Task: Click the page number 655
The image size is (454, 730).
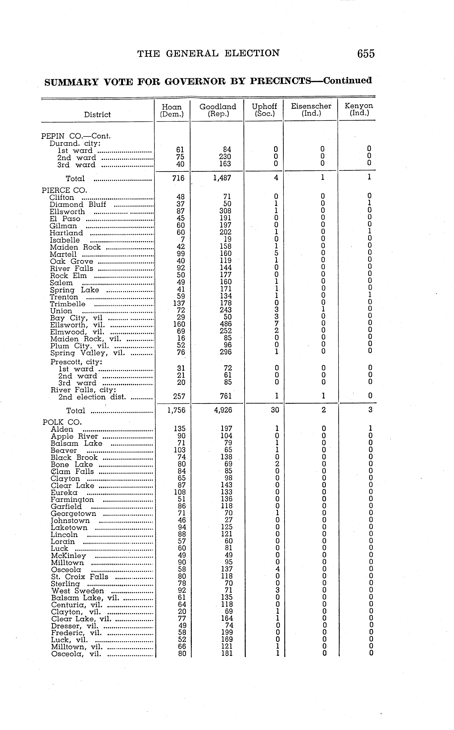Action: click(x=366, y=54)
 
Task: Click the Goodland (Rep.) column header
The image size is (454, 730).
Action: click(x=218, y=110)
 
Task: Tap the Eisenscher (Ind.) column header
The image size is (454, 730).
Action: click(x=311, y=110)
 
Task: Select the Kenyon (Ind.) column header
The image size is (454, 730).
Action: click(x=359, y=109)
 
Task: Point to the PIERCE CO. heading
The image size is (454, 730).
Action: click(x=64, y=190)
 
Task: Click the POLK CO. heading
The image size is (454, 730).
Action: click(x=62, y=422)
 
